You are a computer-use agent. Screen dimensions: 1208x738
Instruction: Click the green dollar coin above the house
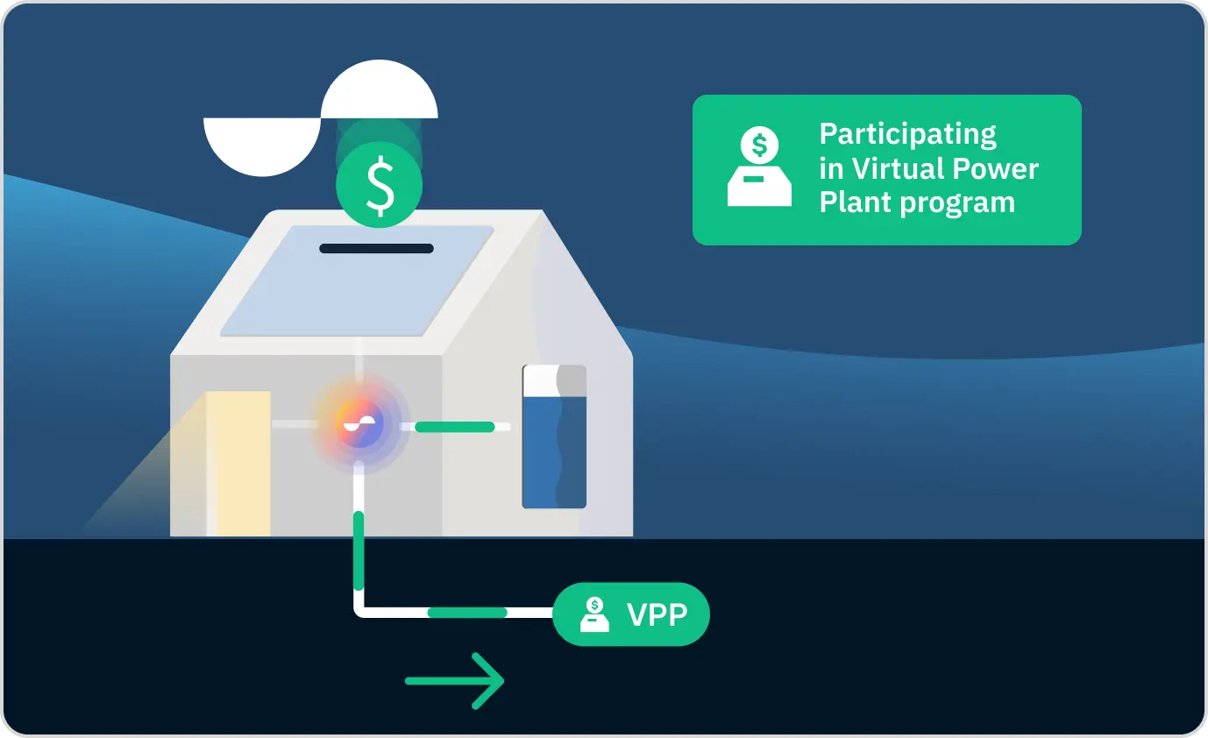[380, 186]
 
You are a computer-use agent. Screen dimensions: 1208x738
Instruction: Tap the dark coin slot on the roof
[376, 249]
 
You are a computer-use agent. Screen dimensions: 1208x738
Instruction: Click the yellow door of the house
[239, 463]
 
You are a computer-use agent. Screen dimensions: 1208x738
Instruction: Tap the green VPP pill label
[630, 614]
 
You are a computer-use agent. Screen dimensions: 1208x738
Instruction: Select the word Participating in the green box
[907, 135]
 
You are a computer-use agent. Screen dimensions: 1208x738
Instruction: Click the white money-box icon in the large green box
[759, 167]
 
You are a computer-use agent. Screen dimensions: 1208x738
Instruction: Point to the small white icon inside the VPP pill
[595, 614]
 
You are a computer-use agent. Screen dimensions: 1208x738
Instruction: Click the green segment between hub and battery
[454, 427]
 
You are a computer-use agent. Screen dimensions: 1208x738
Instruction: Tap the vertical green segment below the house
[358, 550]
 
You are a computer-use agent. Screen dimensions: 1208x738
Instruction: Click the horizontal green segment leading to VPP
[466, 612]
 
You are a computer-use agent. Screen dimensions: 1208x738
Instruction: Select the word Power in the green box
[997, 168]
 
